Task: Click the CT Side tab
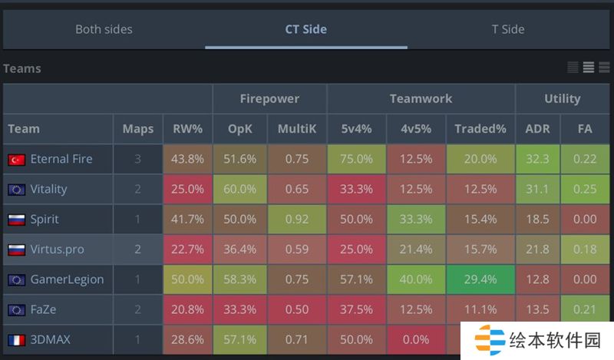tap(305, 29)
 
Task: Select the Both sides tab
tap(104, 29)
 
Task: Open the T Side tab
tap(508, 29)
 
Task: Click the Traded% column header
tap(480, 129)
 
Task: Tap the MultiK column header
tap(296, 129)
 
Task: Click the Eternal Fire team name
tap(61, 159)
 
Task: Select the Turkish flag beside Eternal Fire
tap(16, 160)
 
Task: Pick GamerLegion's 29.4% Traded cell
tap(480, 279)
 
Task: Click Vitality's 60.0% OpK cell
tap(239, 189)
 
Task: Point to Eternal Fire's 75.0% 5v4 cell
tap(356, 159)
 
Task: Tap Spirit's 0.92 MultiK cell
tap(296, 219)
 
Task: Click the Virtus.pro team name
tap(57, 249)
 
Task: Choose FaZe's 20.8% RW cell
tap(187, 309)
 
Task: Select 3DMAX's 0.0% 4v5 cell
tap(416, 339)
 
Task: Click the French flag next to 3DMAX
tap(16, 340)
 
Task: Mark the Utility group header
tap(562, 98)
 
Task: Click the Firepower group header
tap(269, 98)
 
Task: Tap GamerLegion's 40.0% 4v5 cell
tap(416, 279)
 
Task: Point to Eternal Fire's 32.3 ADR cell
tap(537, 159)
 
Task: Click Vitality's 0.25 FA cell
tap(585, 189)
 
